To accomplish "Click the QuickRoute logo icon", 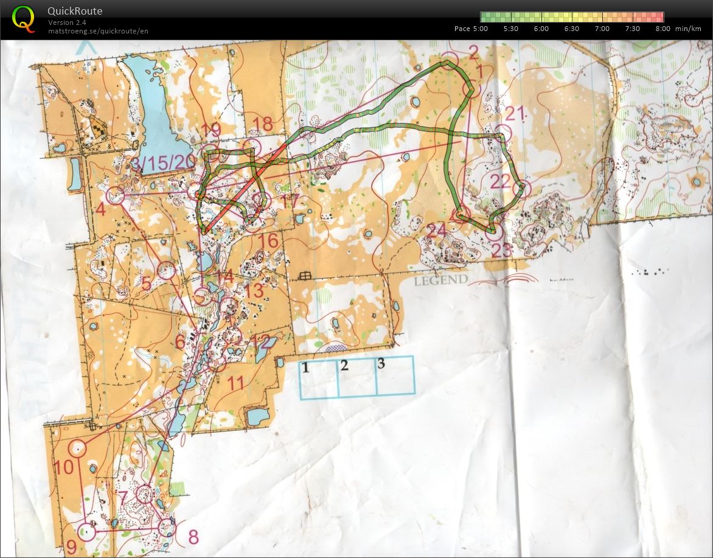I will (23, 18).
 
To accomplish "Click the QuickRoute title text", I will (75, 11).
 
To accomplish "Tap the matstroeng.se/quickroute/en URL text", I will (98, 30).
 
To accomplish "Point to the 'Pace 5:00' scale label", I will (471, 28).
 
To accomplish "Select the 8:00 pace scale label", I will (663, 28).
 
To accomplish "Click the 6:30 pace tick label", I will (571, 28).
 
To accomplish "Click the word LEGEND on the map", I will (441, 280).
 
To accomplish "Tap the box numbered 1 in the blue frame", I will (319, 378).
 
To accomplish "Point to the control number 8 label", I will (193, 537).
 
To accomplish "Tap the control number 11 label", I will (236, 383).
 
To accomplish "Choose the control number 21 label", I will (514, 113).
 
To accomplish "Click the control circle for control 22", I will (521, 190).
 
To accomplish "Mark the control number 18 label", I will (263, 124).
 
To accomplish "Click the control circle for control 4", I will (115, 196).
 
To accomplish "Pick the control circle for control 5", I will (166, 270).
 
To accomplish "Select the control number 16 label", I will (268, 241).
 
